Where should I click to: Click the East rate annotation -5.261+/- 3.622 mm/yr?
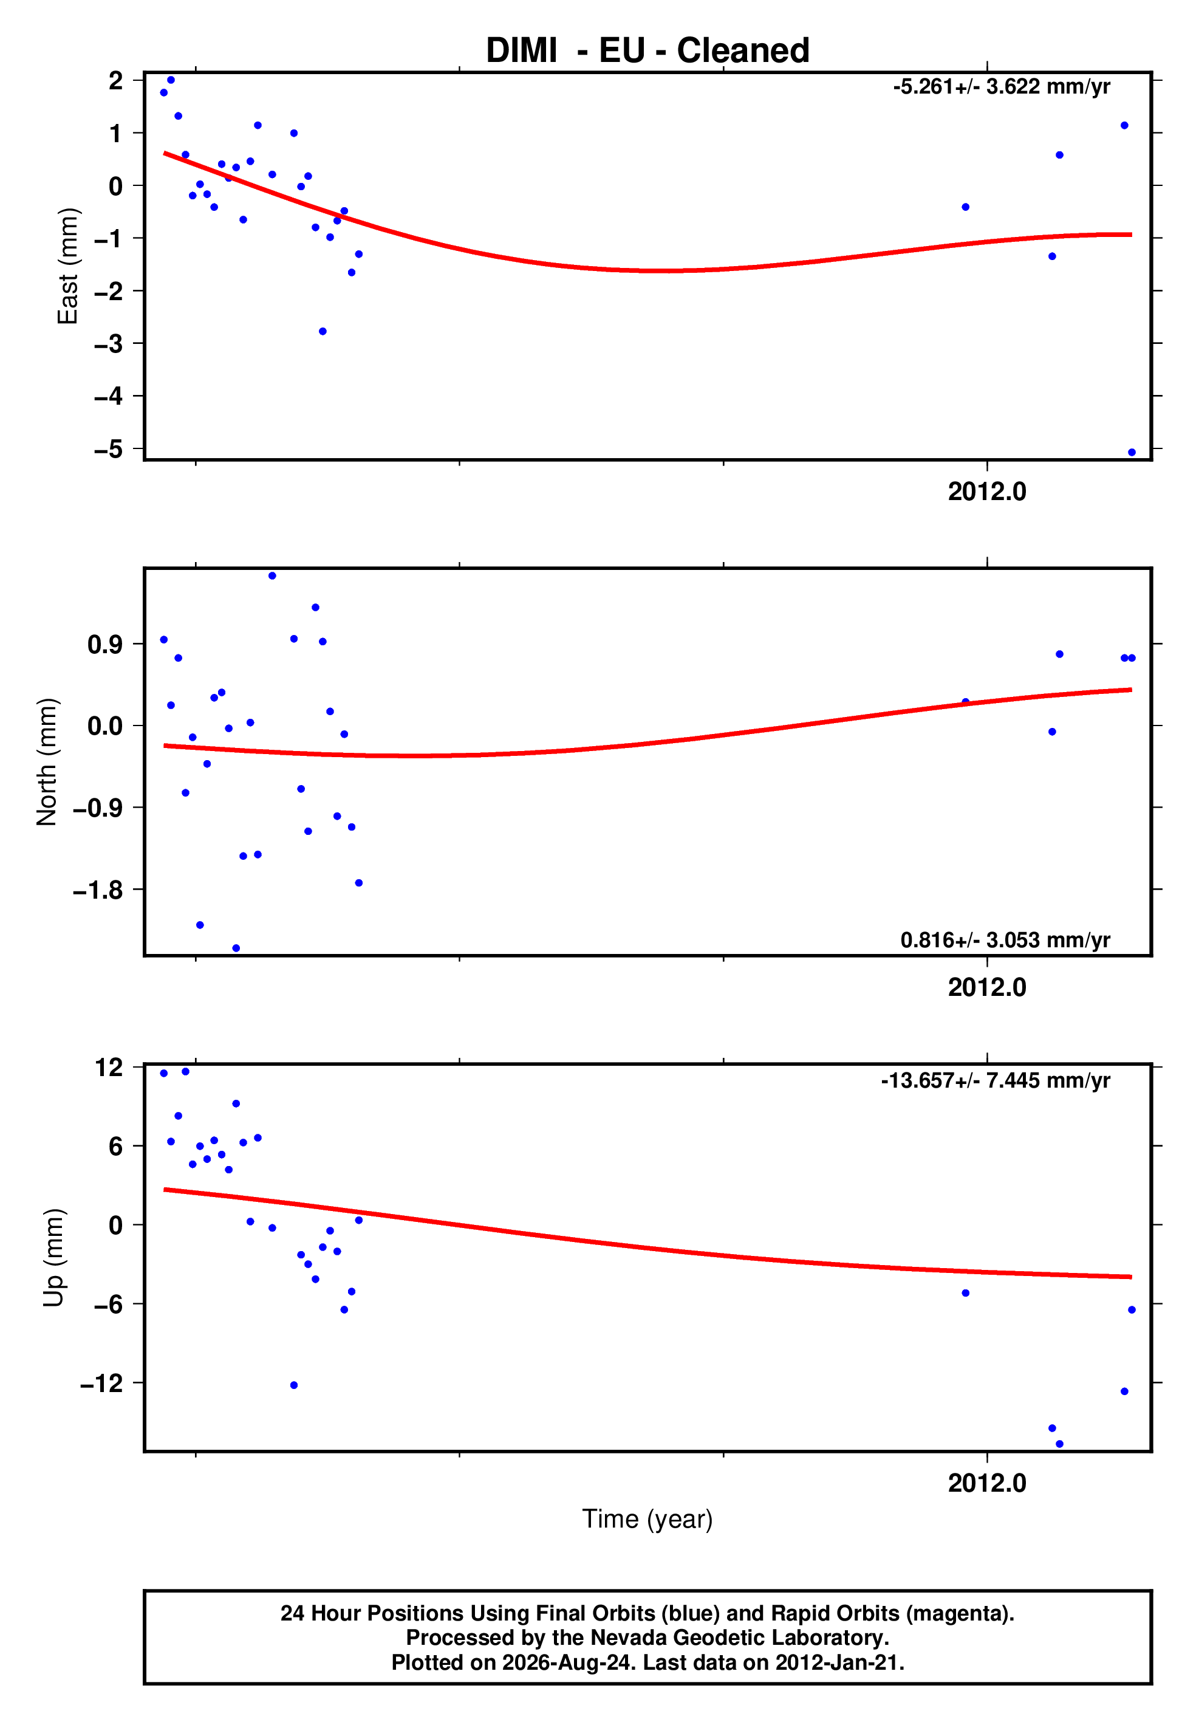coord(1001,87)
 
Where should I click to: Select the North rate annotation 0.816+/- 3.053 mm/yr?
coord(1005,940)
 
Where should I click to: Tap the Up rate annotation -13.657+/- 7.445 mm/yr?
coord(995,1081)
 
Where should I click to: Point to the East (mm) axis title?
coord(67,266)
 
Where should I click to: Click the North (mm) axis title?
coord(47,762)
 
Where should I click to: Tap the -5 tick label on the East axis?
coord(108,449)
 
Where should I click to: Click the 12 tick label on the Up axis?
coord(109,1067)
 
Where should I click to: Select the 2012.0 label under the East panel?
coord(987,492)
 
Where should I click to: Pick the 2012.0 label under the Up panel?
coord(987,1483)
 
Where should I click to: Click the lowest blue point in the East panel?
coord(1132,452)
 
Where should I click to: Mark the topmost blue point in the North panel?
coord(272,576)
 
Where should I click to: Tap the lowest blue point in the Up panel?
coord(1059,1444)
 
